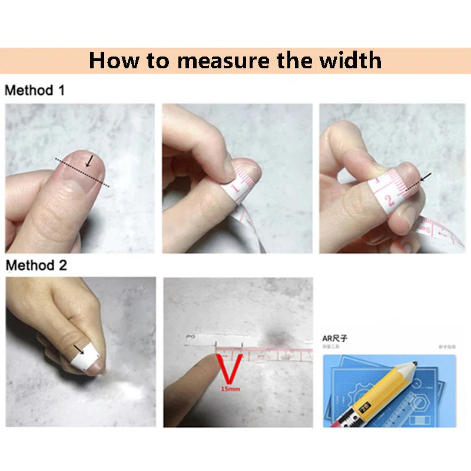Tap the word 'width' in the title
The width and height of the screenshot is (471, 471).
(348, 61)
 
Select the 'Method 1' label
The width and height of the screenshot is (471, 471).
(35, 91)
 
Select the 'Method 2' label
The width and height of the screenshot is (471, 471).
(36, 265)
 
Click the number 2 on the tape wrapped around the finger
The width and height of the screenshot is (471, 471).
(389, 202)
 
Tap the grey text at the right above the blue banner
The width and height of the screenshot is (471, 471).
(448, 347)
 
